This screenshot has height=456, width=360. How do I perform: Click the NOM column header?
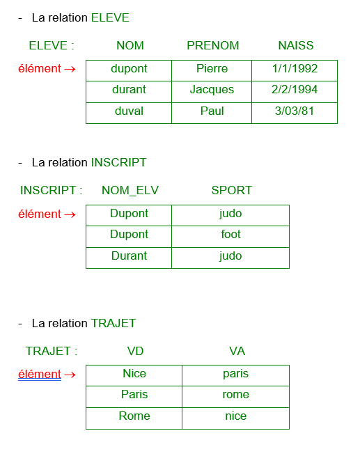pos(130,45)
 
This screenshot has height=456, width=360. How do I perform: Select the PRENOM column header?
pos(213,45)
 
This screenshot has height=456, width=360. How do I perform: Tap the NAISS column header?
pos(296,45)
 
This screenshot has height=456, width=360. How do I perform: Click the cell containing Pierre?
pos(212,71)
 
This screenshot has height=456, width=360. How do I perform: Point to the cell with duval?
pos(129,113)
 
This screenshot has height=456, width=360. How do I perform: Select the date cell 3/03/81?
pos(295,113)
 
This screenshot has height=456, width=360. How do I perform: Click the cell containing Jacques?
pos(212,92)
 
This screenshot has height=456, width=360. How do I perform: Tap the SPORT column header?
pos(231,190)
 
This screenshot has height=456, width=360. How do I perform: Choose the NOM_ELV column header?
pos(130,191)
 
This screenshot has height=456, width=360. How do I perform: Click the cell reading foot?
pos(230,237)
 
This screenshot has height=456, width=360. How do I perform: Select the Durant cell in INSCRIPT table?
pos(129,258)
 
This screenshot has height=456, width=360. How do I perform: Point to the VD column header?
pos(135,351)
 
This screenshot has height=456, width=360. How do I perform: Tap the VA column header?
pos(237,351)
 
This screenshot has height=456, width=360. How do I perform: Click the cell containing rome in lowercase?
pos(236,397)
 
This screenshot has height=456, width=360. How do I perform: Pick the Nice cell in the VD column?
pos(134,376)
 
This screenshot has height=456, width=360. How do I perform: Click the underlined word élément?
pos(40,374)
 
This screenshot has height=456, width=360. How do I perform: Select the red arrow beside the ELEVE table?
pos(70,69)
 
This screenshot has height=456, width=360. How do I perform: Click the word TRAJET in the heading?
pos(114,323)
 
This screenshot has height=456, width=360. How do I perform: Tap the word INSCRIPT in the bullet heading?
pos(118,162)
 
